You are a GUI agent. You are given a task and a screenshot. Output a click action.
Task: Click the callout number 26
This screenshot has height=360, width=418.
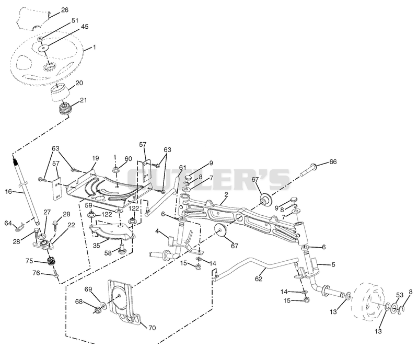[x=64, y=10]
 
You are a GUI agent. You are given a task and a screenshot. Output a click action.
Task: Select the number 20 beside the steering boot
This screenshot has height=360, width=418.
[x=79, y=83]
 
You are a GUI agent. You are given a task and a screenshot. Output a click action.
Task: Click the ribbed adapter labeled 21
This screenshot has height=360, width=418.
[x=64, y=109]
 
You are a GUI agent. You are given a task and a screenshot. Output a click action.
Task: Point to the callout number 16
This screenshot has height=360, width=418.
[x=8, y=191]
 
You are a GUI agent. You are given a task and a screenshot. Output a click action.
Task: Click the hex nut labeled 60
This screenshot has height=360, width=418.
[x=117, y=169]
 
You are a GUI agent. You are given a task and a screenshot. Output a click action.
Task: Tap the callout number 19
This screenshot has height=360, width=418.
[x=96, y=158]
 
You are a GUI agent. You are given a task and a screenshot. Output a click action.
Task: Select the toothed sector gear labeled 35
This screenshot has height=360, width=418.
[x=112, y=231]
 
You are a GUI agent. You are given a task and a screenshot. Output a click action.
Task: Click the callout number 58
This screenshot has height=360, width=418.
[x=108, y=252]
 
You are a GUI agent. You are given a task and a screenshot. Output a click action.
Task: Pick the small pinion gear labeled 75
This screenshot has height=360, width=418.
[x=51, y=261]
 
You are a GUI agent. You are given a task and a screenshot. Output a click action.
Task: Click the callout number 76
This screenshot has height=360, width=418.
[x=36, y=273]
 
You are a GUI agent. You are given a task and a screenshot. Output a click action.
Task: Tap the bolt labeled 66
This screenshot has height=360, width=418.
[x=308, y=170]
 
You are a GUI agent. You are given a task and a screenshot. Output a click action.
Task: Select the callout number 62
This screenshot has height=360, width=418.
[x=259, y=279]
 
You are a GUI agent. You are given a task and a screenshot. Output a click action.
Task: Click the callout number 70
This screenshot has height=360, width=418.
[x=152, y=328]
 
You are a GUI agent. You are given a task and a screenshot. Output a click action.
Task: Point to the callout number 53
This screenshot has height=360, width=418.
[x=400, y=295]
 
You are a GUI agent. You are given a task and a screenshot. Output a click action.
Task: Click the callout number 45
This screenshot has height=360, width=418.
[x=85, y=27]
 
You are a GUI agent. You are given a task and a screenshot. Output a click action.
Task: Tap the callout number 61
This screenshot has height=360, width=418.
[x=182, y=168]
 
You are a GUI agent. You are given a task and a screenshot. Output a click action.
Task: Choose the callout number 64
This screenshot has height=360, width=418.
[x=8, y=223]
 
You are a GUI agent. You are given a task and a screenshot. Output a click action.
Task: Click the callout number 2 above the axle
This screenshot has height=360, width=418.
[x=226, y=195]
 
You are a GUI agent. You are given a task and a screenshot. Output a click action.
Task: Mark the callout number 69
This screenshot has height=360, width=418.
[x=88, y=289]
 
